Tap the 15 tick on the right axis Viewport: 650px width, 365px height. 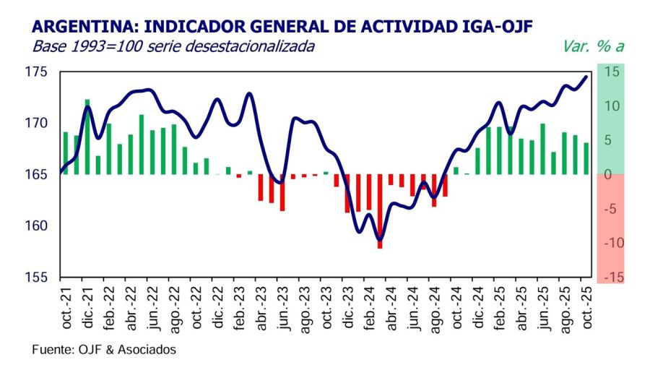tap(612, 72)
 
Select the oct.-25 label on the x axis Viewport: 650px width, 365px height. tap(586, 308)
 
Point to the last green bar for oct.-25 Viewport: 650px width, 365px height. tap(586, 159)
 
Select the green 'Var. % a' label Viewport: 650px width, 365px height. tap(592, 47)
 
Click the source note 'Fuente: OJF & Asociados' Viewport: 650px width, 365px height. tap(104, 349)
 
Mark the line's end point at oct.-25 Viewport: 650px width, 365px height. tap(586, 76)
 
